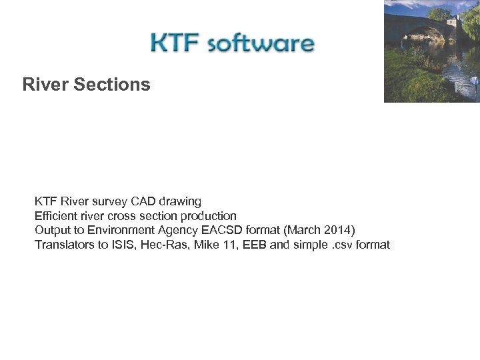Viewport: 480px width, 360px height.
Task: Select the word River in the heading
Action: [45, 85]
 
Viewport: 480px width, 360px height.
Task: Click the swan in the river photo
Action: [475, 81]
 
